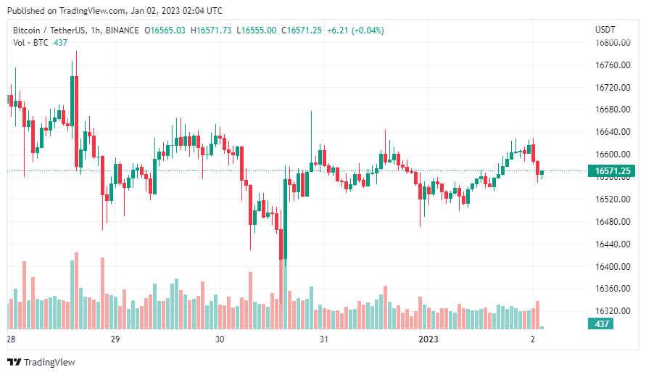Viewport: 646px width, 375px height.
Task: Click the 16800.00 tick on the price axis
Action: click(610, 43)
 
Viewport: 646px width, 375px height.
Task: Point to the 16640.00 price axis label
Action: click(610, 132)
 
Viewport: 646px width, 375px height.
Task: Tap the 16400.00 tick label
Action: click(610, 267)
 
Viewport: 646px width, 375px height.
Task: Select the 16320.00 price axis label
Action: click(610, 311)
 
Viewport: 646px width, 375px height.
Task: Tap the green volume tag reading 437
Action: click(601, 324)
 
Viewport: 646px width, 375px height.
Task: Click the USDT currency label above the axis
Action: click(605, 30)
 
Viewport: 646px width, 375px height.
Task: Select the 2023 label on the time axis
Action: click(428, 339)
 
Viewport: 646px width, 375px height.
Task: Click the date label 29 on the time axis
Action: click(115, 339)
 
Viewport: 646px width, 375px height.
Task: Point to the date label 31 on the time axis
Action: click(325, 339)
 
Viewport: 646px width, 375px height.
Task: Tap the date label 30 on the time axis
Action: click(220, 339)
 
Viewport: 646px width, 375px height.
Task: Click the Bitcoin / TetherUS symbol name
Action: click(51, 30)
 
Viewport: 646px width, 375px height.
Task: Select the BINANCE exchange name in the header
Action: click(123, 30)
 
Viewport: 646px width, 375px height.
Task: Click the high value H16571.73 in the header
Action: click(211, 30)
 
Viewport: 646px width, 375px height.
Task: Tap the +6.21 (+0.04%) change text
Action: click(355, 30)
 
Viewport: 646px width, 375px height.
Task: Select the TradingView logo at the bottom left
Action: click(41, 362)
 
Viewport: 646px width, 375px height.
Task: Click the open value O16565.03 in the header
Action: click(165, 30)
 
